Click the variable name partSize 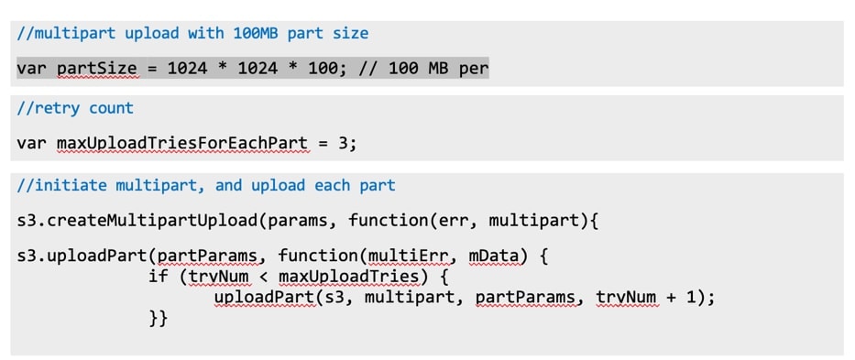tap(98, 70)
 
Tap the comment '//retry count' tap(75, 108)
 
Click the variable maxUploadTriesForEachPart tap(182, 144)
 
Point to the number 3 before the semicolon tap(342, 144)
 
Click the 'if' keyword tap(158, 276)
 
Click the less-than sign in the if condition tap(264, 277)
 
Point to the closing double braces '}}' tap(158, 319)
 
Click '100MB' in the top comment tap(256, 33)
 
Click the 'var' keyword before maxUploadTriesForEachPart tap(32, 145)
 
